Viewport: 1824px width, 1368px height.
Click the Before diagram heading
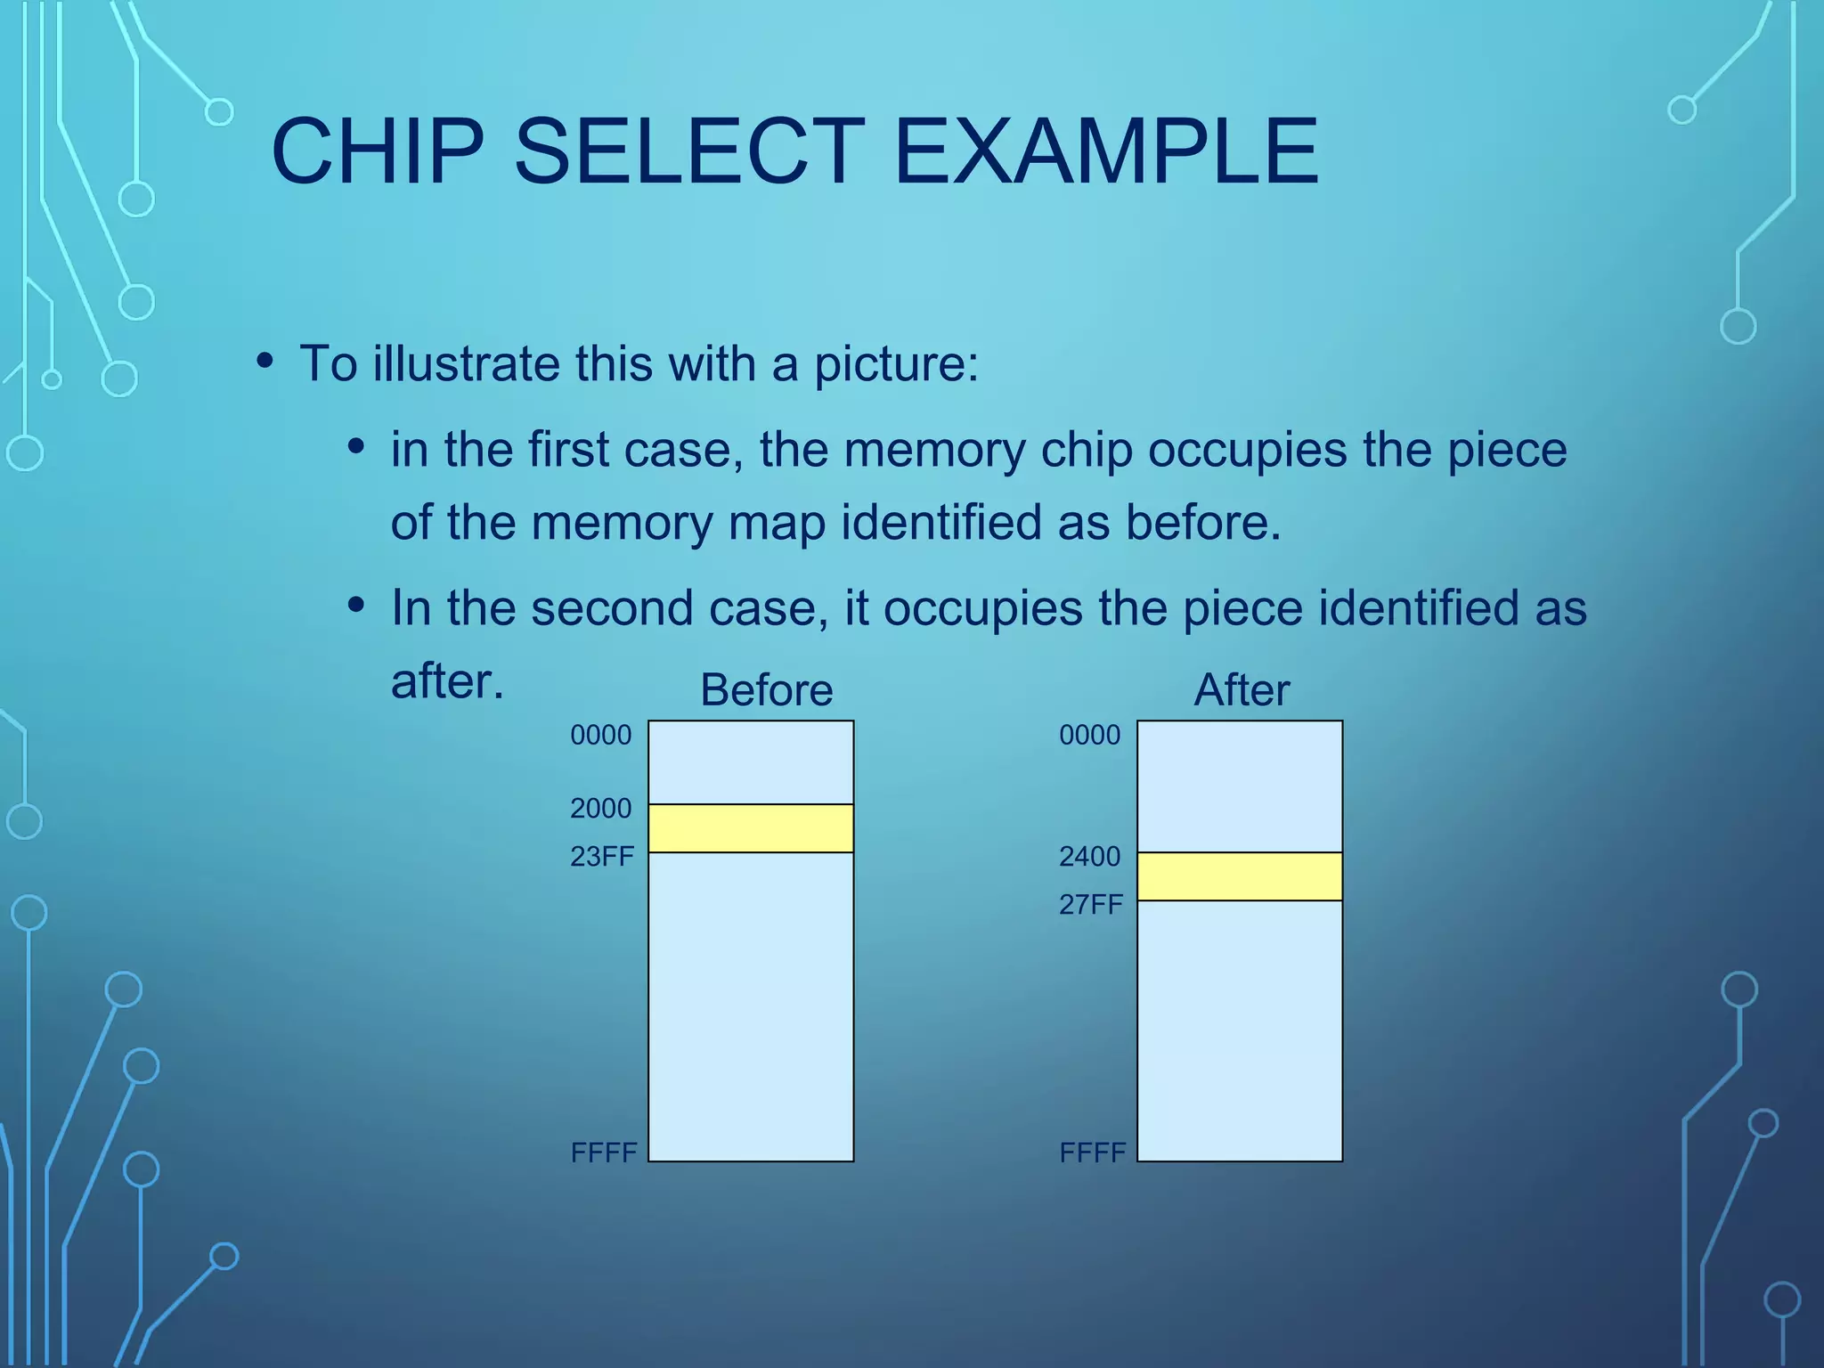[x=766, y=690]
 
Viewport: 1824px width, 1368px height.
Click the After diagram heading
[x=1242, y=690]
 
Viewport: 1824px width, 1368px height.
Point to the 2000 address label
[x=600, y=809]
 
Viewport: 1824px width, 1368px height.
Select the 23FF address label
[x=602, y=857]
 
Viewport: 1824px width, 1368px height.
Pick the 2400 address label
[x=1089, y=857]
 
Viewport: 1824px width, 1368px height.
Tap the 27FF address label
[x=1091, y=905]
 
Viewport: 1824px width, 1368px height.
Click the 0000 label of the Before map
[x=600, y=736]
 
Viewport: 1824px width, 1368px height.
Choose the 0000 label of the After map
[x=1089, y=736]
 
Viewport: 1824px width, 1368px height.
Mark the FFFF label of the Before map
[x=604, y=1153]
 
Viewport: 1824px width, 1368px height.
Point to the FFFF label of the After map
[x=1093, y=1153]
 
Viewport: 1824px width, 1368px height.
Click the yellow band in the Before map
[x=751, y=828]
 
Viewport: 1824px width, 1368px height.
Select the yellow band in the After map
[x=1240, y=876]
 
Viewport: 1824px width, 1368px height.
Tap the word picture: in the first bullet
[x=896, y=365]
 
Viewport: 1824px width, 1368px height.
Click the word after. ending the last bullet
[x=447, y=682]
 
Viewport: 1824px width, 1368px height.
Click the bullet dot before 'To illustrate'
[x=265, y=362]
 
